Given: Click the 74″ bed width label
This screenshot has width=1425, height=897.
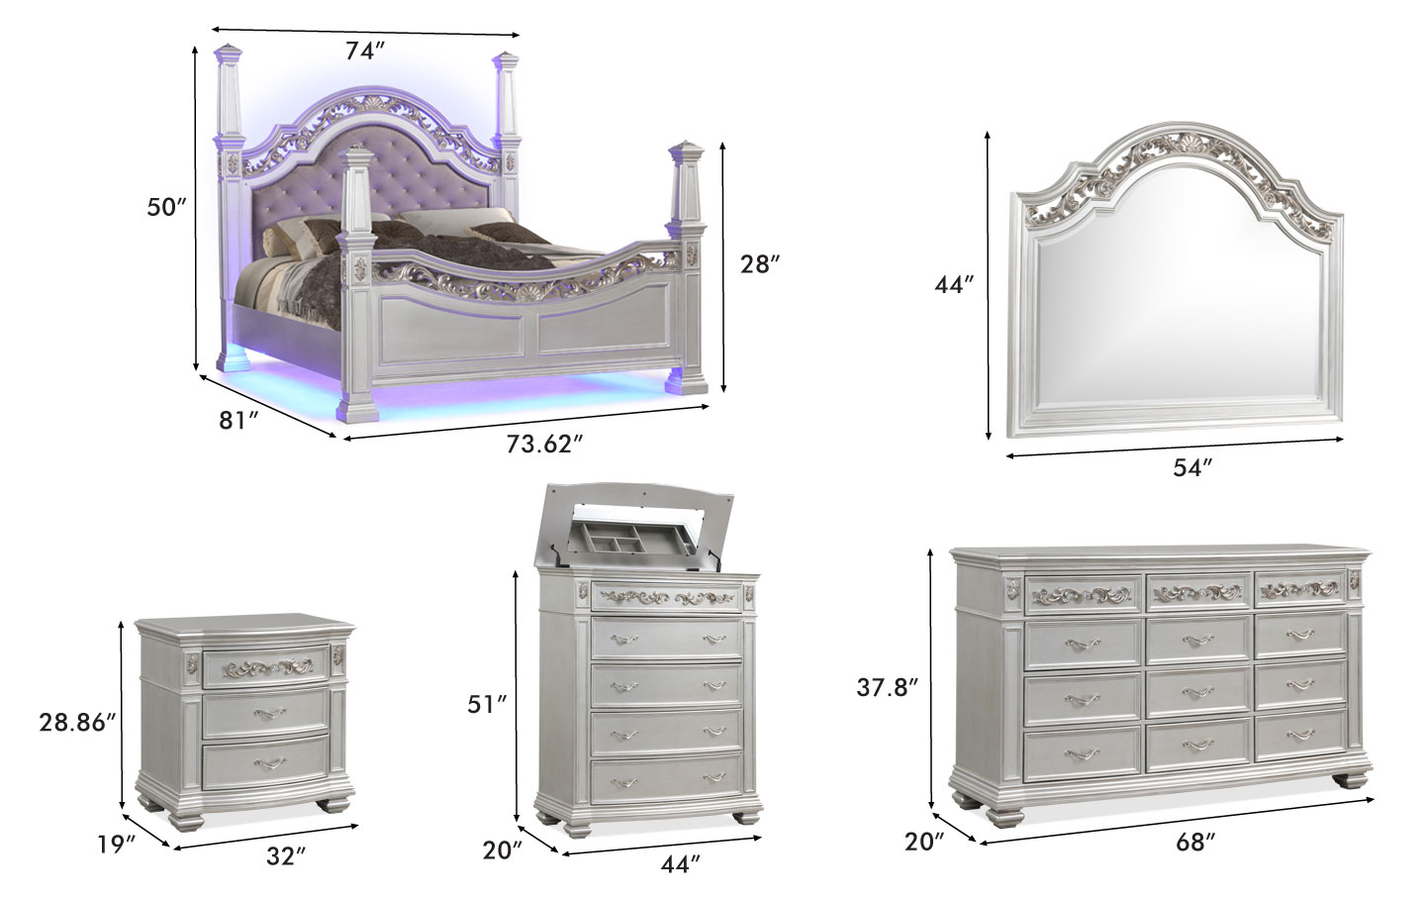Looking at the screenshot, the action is click(x=366, y=50).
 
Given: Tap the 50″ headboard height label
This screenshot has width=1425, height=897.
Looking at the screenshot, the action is click(x=166, y=207).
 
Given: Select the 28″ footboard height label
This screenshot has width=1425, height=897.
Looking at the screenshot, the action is click(x=760, y=264).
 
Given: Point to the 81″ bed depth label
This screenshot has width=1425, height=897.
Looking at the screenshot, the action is click(x=238, y=420).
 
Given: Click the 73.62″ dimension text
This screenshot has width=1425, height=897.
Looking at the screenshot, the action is click(x=544, y=444).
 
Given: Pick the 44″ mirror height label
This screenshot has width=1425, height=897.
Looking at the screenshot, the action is click(x=954, y=284).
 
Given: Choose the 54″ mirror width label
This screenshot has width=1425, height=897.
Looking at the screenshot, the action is click(x=1192, y=468).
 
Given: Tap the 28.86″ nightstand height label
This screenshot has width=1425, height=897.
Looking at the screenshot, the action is click(x=77, y=723).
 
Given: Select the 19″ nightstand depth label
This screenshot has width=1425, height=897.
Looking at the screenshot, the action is click(x=117, y=845).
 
